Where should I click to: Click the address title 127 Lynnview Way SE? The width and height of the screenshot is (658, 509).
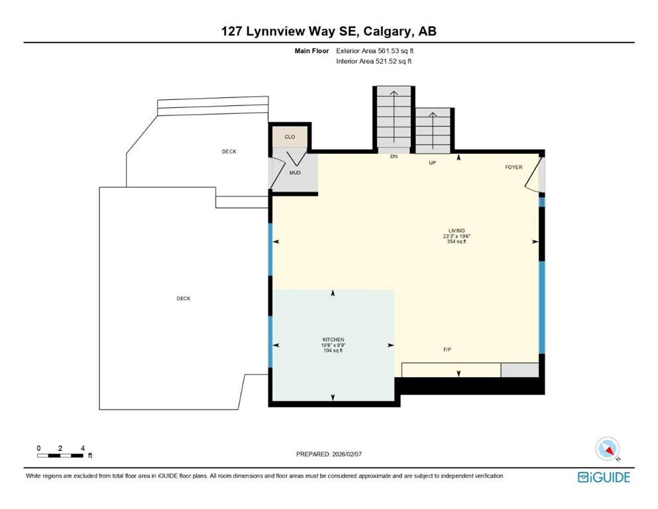329,31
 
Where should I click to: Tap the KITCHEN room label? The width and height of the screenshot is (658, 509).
333,340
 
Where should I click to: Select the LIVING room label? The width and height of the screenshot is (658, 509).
457,231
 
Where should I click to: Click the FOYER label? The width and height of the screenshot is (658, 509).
514,167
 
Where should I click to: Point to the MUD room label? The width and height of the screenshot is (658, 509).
295,173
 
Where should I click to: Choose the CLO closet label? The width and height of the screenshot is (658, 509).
290,137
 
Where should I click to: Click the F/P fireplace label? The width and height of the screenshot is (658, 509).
448,349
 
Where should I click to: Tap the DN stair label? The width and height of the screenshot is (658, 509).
393,156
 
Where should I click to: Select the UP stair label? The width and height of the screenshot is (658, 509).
432,162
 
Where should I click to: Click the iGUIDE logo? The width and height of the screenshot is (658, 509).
604,477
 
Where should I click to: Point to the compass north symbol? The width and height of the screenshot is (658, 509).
607,449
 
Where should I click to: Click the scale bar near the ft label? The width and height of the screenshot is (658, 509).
60,455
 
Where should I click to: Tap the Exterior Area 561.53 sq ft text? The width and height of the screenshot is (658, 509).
376,50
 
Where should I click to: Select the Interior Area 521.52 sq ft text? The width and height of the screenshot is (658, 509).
374,62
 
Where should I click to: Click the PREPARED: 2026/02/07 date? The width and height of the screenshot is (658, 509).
329,454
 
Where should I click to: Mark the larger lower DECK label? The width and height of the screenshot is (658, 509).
184,299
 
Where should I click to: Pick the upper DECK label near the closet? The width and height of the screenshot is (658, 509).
229,152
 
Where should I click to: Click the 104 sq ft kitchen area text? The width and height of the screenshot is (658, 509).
333,351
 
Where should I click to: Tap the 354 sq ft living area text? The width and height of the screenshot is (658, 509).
457,242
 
